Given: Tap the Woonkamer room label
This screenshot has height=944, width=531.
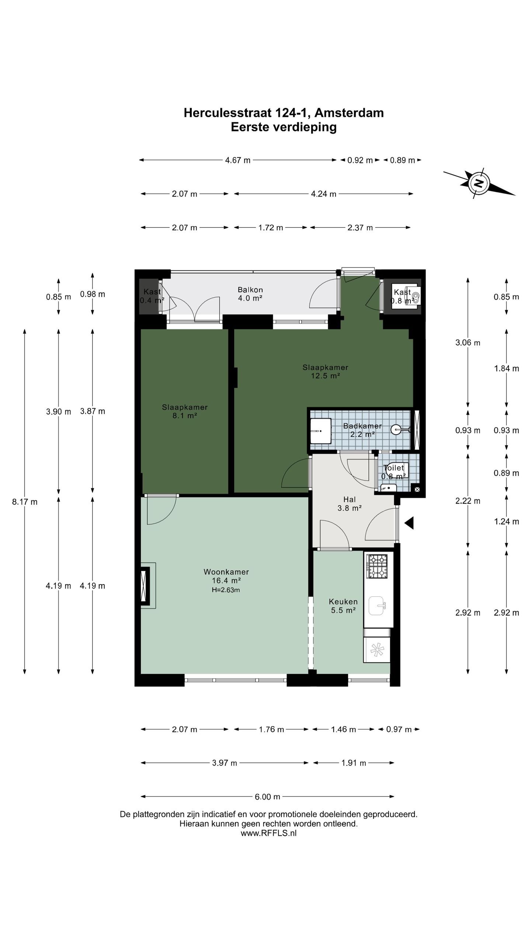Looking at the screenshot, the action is pyautogui.click(x=226, y=572).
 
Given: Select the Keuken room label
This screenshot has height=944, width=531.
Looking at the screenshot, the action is pyautogui.click(x=343, y=601).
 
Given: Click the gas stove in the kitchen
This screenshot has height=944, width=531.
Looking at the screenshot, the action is pyautogui.click(x=376, y=566).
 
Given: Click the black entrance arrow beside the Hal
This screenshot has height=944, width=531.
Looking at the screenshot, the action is pyautogui.click(x=409, y=523).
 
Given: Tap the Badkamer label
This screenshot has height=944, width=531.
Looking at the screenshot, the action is pyautogui.click(x=362, y=426).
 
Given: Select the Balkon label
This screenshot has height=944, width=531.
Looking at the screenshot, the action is pyautogui.click(x=250, y=290).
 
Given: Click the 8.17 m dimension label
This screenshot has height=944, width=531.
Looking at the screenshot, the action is pyautogui.click(x=25, y=502).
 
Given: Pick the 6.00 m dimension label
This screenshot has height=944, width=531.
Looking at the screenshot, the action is pyautogui.click(x=267, y=797).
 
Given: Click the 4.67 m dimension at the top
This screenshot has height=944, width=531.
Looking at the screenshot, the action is pyautogui.click(x=238, y=160).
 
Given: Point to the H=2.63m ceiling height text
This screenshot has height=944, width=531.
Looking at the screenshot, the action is pyautogui.click(x=226, y=590).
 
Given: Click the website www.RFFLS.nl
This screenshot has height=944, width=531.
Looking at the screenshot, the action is pyautogui.click(x=268, y=833).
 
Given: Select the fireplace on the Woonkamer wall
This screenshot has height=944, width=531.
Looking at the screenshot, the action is pyautogui.click(x=145, y=585).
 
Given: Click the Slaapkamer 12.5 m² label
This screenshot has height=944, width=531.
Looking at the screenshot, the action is pyautogui.click(x=325, y=372).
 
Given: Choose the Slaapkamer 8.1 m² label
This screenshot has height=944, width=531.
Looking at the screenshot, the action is pyautogui.click(x=185, y=412).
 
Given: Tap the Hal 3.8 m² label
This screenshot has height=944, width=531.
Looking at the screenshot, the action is pyautogui.click(x=349, y=504).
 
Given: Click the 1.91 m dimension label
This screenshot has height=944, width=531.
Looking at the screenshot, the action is pyautogui.click(x=353, y=763).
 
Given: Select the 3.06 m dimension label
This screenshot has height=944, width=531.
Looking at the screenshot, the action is pyautogui.click(x=468, y=343).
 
